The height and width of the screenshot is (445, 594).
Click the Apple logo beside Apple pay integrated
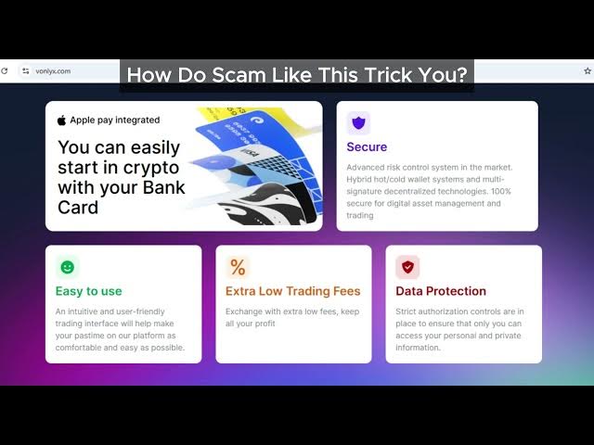(61, 121)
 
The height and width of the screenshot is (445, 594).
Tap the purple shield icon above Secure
(358, 123)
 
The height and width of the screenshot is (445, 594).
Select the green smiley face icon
(68, 267)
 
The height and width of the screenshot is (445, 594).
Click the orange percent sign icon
(238, 267)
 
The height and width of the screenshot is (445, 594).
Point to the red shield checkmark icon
(407, 267)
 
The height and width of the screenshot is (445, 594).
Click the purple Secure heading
(367, 146)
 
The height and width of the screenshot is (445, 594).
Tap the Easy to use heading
(89, 291)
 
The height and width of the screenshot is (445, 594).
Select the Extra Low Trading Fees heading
(293, 291)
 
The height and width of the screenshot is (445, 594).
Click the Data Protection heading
(441, 291)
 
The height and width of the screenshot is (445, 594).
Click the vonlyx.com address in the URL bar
(53, 71)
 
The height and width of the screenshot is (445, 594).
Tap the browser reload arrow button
(4, 70)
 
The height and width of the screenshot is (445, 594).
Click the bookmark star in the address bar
(588, 70)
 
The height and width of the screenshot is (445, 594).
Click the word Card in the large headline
(78, 207)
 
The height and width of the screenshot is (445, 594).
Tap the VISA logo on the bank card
(250, 152)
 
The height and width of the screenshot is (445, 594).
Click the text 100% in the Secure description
(501, 191)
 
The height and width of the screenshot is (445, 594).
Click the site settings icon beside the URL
(25, 70)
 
